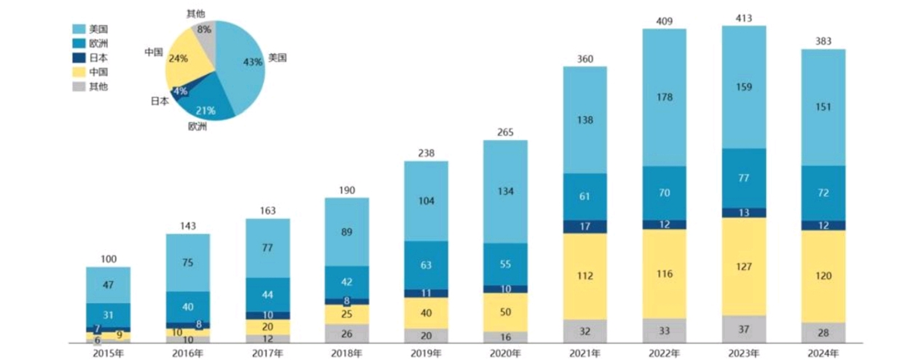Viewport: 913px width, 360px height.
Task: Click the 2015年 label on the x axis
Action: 108,352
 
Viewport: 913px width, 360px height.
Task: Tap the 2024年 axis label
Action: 824,352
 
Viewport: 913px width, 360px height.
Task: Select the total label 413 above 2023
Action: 743,17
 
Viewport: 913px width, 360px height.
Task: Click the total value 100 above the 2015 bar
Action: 108,259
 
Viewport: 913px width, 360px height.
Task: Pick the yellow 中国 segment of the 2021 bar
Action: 584,276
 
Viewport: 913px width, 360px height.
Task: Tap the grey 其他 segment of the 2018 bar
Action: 346,333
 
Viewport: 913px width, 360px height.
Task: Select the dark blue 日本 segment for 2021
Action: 584,227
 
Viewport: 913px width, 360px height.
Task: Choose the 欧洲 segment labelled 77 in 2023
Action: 743,178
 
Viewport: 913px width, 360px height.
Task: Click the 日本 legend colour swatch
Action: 78,58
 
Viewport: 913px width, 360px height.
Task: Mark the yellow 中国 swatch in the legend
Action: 78,72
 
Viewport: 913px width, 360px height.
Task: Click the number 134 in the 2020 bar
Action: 505,191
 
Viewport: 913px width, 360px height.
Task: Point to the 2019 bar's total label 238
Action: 426,152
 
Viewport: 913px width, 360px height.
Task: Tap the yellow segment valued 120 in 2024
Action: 824,276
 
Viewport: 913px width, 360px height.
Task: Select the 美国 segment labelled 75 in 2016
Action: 188,262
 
